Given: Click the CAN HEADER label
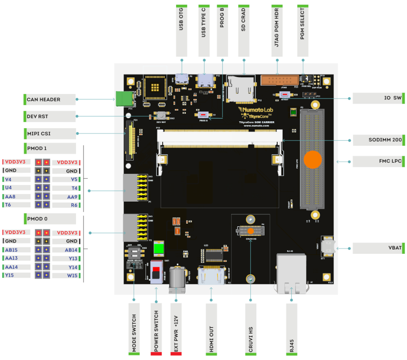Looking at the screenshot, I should click(x=44, y=99).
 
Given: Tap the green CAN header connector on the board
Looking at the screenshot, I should click(x=124, y=99).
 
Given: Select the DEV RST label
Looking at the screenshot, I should click(x=37, y=116).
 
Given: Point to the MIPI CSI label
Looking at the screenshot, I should click(x=39, y=133).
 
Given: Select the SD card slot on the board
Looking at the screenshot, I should click(x=241, y=88).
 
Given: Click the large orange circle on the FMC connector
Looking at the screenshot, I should click(x=313, y=159).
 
